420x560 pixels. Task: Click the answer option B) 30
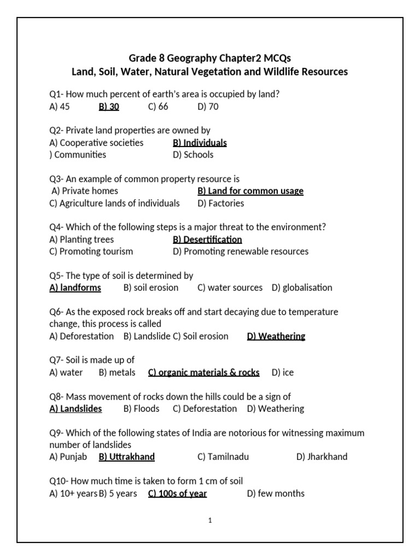pos(109,107)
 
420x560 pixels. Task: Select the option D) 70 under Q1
pos(208,107)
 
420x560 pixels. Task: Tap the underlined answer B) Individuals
pos(200,143)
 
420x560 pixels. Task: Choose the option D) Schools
pos(193,155)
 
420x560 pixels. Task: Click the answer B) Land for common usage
pos(250,191)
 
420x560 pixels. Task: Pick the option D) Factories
pos(221,203)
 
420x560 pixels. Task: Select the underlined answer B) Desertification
pos(207,240)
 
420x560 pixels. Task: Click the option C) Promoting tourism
pos(91,252)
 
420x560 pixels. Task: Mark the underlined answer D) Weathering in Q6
pos(276,336)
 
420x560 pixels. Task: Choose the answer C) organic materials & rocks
pos(204,372)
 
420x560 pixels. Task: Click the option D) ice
pos(282,372)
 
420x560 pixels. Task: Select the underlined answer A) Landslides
pos(75,409)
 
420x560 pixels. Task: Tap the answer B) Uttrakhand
pos(127,457)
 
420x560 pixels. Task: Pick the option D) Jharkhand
pos(322,457)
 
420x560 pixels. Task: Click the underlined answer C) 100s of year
pos(178,494)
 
